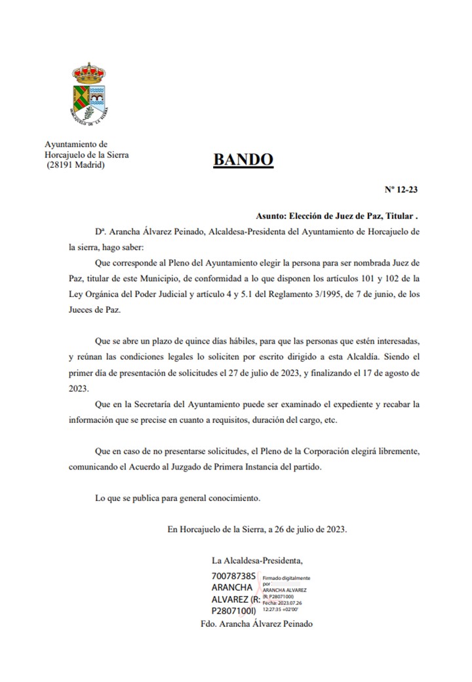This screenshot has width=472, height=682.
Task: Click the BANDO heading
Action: tap(243, 160)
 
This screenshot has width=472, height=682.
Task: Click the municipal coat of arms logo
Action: tap(89, 96)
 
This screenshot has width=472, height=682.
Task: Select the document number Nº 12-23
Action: tap(401, 190)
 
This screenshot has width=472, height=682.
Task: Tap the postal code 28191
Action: tap(63, 165)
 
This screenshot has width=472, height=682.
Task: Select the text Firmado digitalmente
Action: tap(286, 578)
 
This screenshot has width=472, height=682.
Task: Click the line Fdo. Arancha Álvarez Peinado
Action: tap(256, 624)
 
